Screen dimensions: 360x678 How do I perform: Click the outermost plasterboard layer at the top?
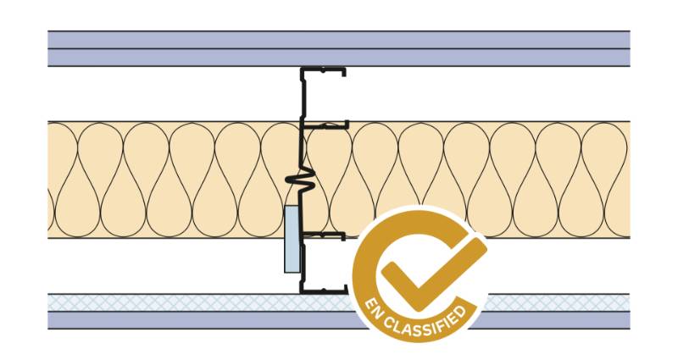click(339, 39)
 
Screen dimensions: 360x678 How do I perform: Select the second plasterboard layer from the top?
click(339, 58)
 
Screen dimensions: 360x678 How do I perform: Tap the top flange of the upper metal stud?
click(325, 71)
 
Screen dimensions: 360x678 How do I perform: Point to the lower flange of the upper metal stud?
click(327, 126)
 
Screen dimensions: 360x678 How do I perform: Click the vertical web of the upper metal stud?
click(303, 98)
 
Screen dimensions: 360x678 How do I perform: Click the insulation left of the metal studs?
click(169, 179)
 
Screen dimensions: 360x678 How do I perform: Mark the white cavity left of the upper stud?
click(169, 94)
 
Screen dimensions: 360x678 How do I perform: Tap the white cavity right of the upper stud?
click(492, 94)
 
